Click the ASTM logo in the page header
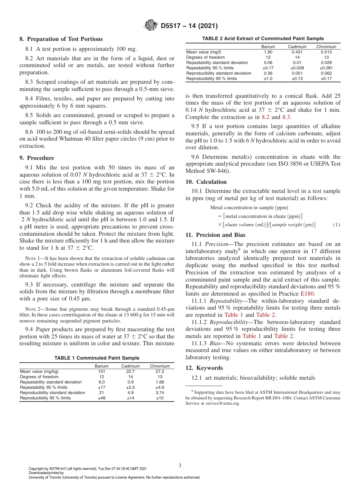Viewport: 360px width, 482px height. click(x=151, y=26)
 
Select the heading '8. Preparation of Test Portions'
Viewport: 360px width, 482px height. click(x=61, y=39)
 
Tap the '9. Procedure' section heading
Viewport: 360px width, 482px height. click(x=37, y=158)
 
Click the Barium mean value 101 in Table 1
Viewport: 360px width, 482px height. click(x=101, y=372)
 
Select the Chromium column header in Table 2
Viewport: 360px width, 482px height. click(x=326, y=47)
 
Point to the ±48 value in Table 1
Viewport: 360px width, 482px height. click(x=101, y=398)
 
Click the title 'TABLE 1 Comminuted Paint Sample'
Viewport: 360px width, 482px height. click(x=97, y=358)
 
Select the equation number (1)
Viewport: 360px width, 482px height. click(x=337, y=225)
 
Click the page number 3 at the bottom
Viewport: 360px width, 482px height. click(x=180, y=465)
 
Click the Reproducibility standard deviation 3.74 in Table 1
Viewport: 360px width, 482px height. click(x=160, y=393)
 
